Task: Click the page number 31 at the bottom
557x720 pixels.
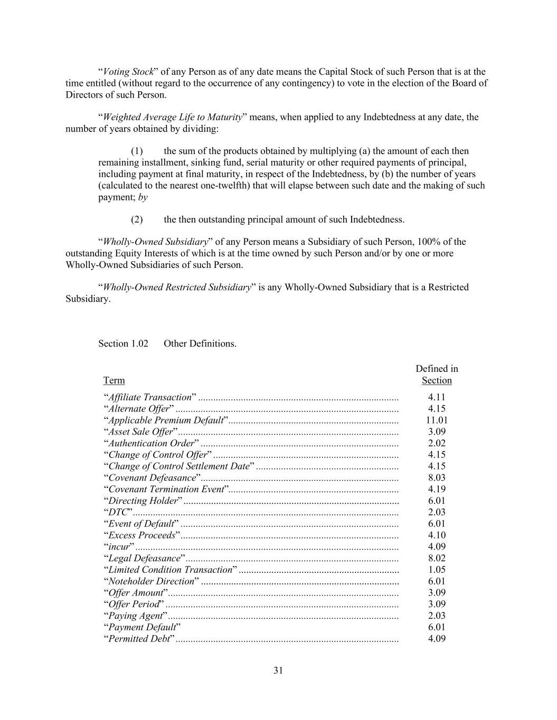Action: pos(278,670)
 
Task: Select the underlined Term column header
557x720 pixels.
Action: pos(114,380)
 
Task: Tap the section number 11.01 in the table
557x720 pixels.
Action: pos(437,420)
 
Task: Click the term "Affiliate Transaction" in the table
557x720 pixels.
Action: pos(149,397)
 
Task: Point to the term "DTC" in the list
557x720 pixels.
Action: pos(118,512)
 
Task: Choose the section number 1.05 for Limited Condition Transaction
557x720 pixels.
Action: pos(437,570)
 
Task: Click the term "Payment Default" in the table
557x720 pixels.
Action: pos(141,627)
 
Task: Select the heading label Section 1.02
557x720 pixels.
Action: pos(123,343)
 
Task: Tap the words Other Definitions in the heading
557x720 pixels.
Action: pos(200,343)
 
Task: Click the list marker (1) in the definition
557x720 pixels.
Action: pos(137,151)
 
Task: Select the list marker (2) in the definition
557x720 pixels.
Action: pos(137,219)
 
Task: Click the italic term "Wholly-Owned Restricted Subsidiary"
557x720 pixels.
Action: pos(177,287)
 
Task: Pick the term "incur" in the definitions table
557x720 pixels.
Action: pos(119,546)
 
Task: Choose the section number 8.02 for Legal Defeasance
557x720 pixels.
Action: pos(437,558)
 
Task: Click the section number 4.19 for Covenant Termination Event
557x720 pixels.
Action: pos(437,489)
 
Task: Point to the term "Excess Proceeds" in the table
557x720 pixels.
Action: pos(141,535)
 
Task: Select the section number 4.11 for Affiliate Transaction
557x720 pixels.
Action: pos(437,397)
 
